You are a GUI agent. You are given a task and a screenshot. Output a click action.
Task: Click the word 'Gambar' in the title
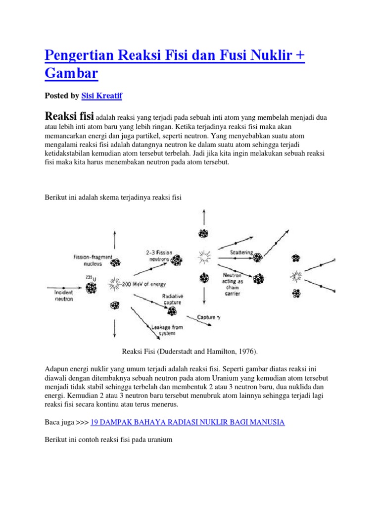pyautogui.click(x=71, y=73)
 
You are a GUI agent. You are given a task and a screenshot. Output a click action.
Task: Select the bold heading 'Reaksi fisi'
pyautogui.click(x=69, y=116)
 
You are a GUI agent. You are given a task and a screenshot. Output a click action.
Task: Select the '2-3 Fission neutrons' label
pyautogui.click(x=159, y=255)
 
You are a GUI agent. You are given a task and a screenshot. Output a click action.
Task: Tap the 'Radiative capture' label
pyautogui.click(x=172, y=299)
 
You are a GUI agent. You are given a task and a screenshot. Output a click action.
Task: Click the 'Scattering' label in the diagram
pyautogui.click(x=241, y=252)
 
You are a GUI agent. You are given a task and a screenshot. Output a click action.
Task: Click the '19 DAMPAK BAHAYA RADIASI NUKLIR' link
pyautogui.click(x=188, y=422)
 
